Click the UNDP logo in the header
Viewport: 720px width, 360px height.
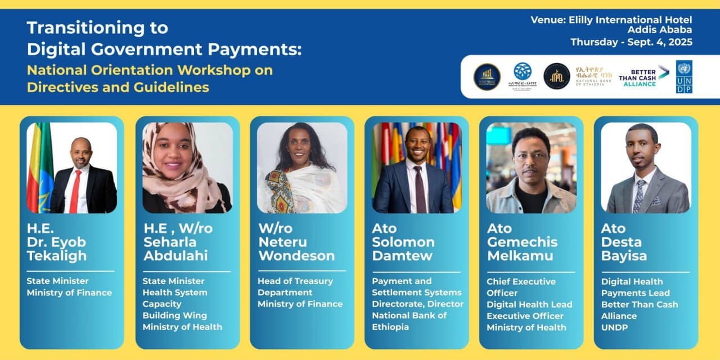(x=684, y=76)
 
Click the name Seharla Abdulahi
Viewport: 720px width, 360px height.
(x=175, y=249)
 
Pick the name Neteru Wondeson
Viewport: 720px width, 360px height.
(x=296, y=249)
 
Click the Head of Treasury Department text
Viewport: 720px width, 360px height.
(x=295, y=286)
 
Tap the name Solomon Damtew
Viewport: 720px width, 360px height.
(x=403, y=249)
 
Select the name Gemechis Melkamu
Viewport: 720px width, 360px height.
(x=522, y=249)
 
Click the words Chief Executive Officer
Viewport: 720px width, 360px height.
(x=521, y=287)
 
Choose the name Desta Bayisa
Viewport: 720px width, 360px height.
(x=624, y=249)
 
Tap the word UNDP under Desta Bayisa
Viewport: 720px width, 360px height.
(x=614, y=327)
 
